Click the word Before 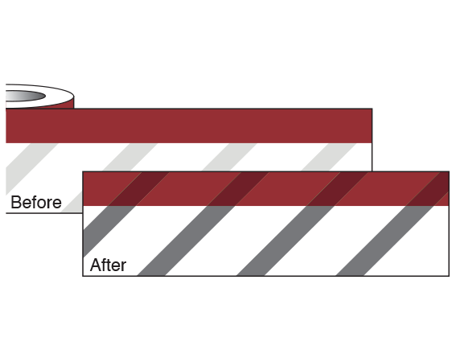(36, 202)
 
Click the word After (109, 265)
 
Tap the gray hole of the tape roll (25, 96)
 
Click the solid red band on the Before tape (189, 126)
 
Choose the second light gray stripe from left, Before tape (130, 157)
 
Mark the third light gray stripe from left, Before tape (229, 157)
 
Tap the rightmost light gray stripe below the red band (329, 157)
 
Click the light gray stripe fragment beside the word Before (73, 203)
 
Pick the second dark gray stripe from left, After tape (186, 241)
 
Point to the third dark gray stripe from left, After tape (286, 241)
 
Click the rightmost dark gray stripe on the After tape (384, 241)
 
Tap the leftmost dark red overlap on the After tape (139, 189)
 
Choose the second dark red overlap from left (238, 189)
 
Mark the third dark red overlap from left (338, 189)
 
